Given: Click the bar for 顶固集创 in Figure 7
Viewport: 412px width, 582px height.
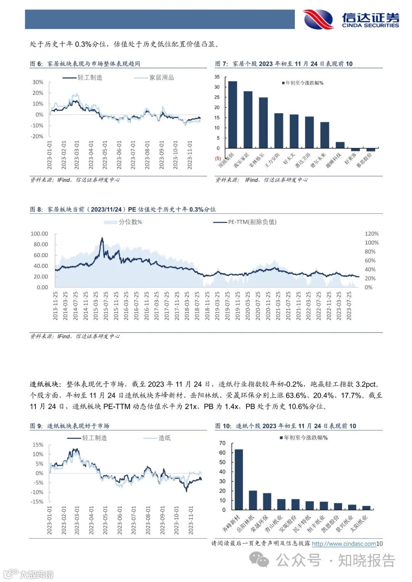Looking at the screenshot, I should click(x=233, y=115).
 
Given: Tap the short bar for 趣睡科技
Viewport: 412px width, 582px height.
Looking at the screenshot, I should click(x=340, y=145).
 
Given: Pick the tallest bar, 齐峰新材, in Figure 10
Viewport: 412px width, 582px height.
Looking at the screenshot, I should click(x=239, y=479).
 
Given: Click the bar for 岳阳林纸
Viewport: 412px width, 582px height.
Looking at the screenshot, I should click(x=253, y=500).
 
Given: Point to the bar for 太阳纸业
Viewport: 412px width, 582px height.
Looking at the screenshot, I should click(x=366, y=508).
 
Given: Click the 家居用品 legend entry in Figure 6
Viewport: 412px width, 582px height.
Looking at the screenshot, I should click(x=154, y=78).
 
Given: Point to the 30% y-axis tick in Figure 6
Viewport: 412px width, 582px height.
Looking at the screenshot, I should click(x=38, y=82).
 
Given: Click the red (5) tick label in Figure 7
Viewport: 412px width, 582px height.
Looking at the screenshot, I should click(x=218, y=158).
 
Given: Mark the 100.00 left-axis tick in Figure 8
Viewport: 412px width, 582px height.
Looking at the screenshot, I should click(x=39, y=234).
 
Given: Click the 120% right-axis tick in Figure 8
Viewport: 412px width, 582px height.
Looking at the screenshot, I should click(x=372, y=234).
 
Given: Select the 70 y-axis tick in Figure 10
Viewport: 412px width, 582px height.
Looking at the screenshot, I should click(x=222, y=443).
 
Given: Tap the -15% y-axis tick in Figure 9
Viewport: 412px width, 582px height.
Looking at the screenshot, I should click(x=37, y=502).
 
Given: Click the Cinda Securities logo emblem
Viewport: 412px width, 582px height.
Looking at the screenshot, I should click(x=318, y=19).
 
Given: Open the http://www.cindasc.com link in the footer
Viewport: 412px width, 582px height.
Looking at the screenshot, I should click(x=344, y=544).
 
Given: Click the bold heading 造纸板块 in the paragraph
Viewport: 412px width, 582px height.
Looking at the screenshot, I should click(x=44, y=384).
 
